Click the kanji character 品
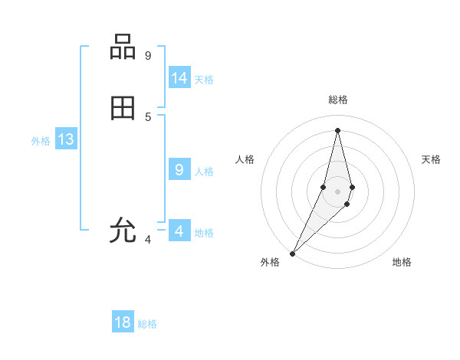[123, 47]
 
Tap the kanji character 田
[123, 109]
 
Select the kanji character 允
[123, 231]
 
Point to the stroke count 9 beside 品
[147, 55]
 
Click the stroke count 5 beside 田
[147, 116]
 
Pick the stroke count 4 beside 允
[147, 239]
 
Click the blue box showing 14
[179, 78]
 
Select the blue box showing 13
[65, 139]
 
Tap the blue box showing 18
[122, 322]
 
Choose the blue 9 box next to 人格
[179, 170]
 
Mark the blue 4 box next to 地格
[179, 231]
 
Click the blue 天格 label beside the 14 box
[204, 80]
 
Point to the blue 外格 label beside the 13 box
[41, 141]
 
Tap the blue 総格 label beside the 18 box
[147, 324]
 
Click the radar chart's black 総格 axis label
[338, 100]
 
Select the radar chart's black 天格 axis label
[431, 159]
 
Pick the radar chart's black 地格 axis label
[402, 262]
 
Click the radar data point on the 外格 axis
[292, 253]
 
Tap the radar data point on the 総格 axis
[337, 129]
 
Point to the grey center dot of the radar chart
[337, 191]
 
